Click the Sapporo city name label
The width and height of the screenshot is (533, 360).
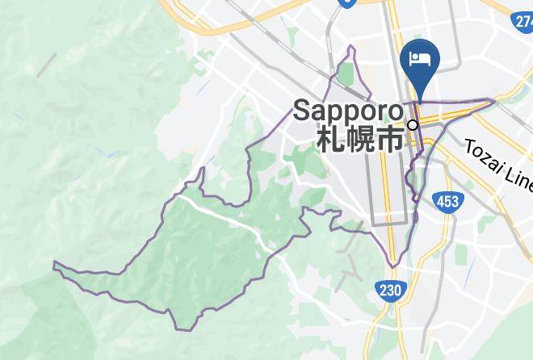pos(348,111)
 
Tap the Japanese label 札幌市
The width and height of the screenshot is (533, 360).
pos(359,139)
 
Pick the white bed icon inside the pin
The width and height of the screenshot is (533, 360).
pos(419,57)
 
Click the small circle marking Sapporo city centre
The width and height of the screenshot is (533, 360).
pos(413,125)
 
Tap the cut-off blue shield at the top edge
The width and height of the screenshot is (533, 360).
pos(347,2)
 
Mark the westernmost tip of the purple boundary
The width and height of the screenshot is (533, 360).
pos(54,263)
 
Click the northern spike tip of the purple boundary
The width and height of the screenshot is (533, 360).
pos(351,47)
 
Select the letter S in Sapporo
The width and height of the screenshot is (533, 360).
pos(301,111)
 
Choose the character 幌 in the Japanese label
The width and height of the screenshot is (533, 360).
pos(359,139)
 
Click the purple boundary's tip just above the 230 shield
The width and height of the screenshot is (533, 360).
pos(393,266)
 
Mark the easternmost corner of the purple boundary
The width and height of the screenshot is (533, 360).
pos(494,101)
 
